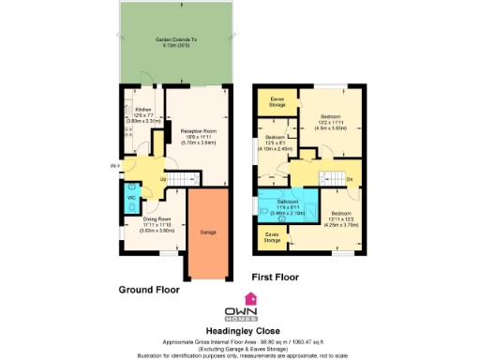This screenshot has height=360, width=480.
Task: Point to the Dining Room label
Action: [x=144, y=225]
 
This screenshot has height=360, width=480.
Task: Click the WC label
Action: [x=131, y=198]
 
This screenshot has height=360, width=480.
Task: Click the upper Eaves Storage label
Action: [x=277, y=100]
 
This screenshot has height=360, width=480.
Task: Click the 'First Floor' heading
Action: [x=279, y=277]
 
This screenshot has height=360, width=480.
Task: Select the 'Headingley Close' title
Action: [x=239, y=323]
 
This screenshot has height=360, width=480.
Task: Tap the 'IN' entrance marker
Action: [x=112, y=167]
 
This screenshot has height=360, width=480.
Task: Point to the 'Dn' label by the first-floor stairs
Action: [x=350, y=178]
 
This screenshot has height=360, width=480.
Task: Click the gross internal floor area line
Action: [x=239, y=334]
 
